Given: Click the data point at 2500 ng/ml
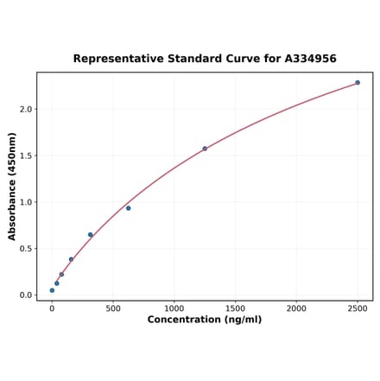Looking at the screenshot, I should coord(358,83).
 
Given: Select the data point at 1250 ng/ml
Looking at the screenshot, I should coord(205,149).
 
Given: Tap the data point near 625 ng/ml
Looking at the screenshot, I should coord(129,208).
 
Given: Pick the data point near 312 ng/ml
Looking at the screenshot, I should coord(90,235).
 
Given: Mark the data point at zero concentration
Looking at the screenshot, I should coord(52,290).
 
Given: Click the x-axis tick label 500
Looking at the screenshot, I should coord(113,308).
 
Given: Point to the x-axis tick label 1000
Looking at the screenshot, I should coord(174,308).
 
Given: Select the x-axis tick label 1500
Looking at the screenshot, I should coord(235,308).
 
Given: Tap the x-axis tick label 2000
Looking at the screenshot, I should coord(296,308).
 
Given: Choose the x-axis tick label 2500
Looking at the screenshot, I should coord(358,308).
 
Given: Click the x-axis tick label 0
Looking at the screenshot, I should coord(52,308).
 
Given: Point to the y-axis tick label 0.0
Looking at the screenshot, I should coord(26,295).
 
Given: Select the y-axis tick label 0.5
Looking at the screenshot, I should coord(26,249).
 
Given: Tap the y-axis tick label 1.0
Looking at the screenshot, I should coord(26,202).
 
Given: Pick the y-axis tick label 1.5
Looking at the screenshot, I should coord(26,156).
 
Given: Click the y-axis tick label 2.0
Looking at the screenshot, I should coord(26,109).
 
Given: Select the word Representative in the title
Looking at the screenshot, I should coord(117,59).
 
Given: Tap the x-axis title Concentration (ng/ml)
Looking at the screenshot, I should coord(205,320).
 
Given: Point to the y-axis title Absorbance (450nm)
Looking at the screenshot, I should coord(12,186).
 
